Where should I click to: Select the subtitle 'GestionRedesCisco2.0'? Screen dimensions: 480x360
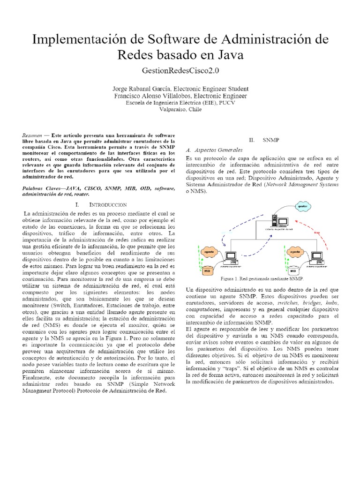[x=180, y=71]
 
